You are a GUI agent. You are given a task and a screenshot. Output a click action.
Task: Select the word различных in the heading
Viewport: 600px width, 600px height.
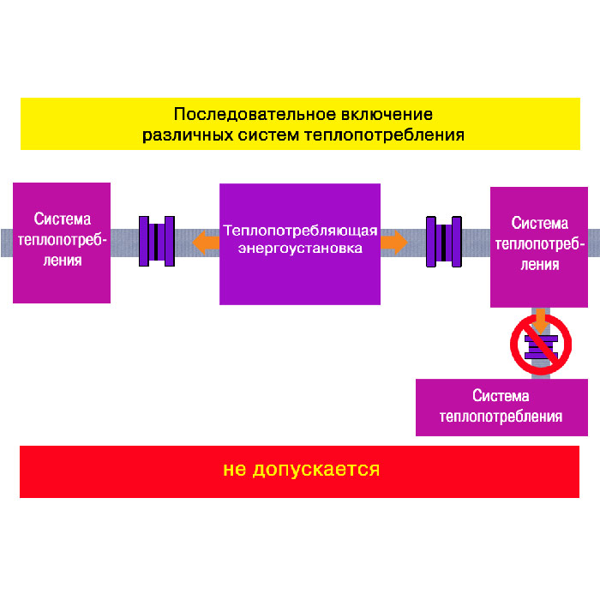[x=177, y=135]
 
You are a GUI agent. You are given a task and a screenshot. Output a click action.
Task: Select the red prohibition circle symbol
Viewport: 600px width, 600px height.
[x=540, y=344]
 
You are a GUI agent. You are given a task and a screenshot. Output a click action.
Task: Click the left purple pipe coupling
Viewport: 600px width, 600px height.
[x=157, y=241]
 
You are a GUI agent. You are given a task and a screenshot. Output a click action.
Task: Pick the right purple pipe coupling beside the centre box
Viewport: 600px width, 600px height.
[x=444, y=241]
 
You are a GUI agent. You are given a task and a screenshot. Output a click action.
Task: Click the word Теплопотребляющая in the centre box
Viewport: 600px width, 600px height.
[x=300, y=231]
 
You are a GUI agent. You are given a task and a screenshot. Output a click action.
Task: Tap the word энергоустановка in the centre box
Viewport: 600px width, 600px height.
[x=300, y=249]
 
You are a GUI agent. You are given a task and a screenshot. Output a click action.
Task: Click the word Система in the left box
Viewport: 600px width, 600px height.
[x=62, y=219]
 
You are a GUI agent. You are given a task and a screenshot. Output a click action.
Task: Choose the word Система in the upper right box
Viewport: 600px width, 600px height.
[x=539, y=224]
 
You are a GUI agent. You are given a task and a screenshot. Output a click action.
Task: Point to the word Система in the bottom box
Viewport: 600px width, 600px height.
[x=501, y=396]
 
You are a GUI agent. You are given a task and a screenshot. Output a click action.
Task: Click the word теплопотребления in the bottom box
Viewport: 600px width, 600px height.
[x=501, y=417]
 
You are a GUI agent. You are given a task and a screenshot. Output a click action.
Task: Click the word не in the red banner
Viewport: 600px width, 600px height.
[x=233, y=470]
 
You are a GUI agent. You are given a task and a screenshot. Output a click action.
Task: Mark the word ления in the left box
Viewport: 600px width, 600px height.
[x=62, y=259]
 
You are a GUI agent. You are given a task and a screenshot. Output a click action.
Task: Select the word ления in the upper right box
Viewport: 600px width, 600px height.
[x=539, y=264]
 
